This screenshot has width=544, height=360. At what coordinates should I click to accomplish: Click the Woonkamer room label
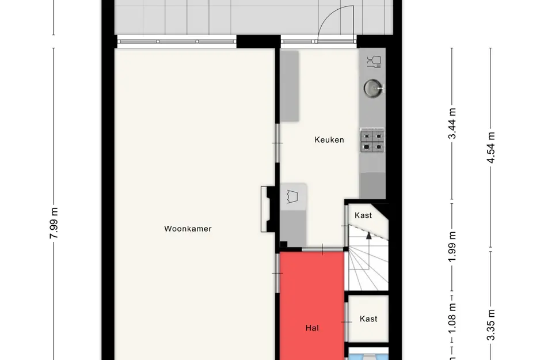click(x=188, y=229)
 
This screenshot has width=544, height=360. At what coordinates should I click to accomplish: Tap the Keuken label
click(x=329, y=139)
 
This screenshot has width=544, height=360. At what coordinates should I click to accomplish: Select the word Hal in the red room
click(x=312, y=328)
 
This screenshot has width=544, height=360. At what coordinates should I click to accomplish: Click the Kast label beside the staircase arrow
click(x=363, y=215)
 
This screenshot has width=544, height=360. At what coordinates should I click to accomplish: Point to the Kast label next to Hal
click(x=368, y=319)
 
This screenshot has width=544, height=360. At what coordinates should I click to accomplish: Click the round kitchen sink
click(x=373, y=88)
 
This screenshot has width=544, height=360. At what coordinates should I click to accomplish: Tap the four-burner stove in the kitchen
click(x=372, y=141)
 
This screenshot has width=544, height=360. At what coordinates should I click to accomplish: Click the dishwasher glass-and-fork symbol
click(x=374, y=62)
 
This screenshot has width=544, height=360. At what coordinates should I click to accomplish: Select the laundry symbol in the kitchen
click(x=292, y=196)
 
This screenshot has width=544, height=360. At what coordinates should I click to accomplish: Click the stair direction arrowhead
click(x=369, y=236)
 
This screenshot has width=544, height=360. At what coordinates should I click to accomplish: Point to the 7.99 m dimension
click(x=54, y=223)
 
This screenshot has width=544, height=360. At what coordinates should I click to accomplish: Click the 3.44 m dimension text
click(x=452, y=123)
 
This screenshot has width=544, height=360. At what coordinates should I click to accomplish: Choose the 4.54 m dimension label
click(x=490, y=147)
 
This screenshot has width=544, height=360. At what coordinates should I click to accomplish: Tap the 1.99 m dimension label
click(x=452, y=247)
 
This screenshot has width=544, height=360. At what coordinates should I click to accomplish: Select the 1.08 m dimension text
click(x=452, y=319)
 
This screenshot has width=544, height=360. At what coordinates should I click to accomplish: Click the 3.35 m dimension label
click(x=490, y=325)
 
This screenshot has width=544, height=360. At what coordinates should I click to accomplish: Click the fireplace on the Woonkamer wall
click(x=268, y=209)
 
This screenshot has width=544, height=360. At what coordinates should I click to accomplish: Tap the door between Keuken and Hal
click(x=322, y=249)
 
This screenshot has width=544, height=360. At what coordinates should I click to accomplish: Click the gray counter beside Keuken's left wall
click(x=290, y=86)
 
